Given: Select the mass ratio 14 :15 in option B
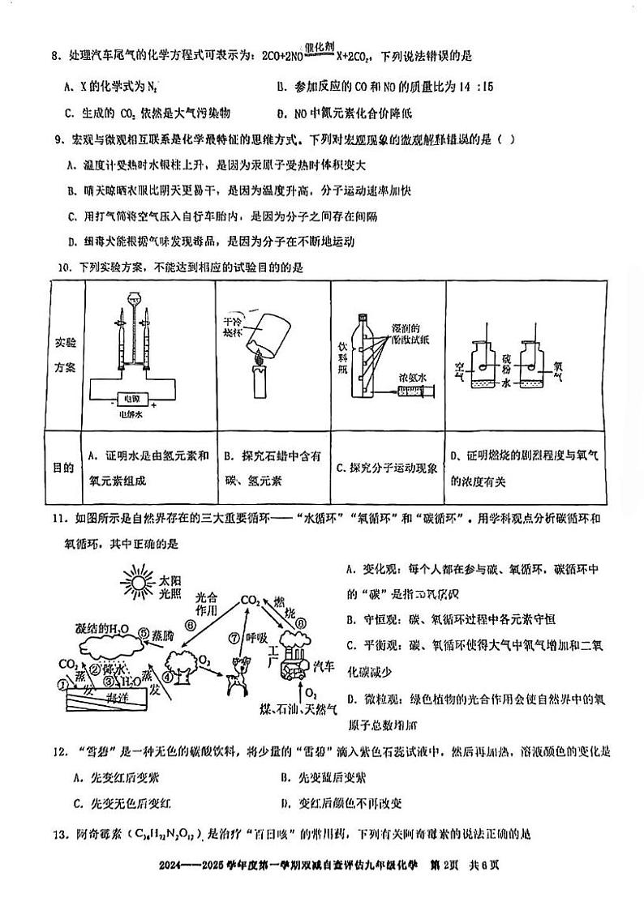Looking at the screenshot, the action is click(x=450, y=86).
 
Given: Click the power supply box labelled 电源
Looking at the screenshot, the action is click(x=129, y=399).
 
